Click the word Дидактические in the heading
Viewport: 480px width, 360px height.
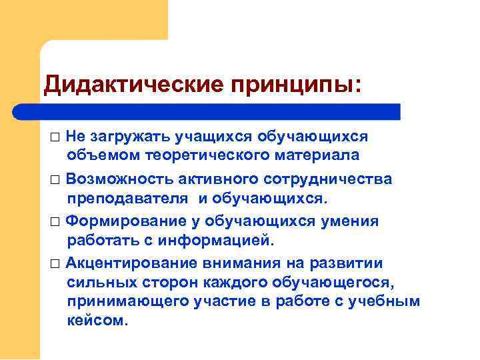[x=133, y=85]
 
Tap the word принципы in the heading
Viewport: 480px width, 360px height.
[x=294, y=85]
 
